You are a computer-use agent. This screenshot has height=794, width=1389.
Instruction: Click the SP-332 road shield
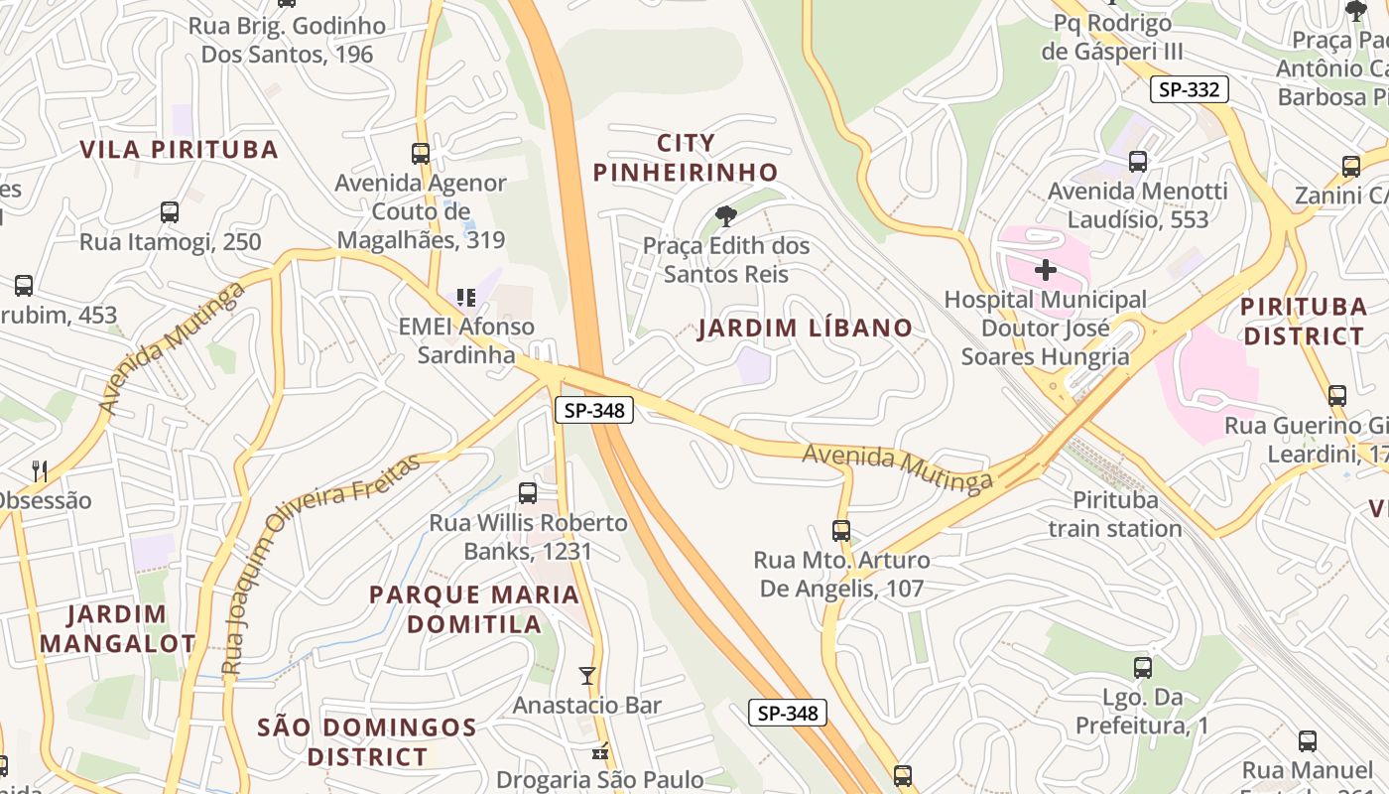point(1190,89)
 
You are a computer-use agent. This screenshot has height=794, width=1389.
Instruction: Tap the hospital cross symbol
point(1045,269)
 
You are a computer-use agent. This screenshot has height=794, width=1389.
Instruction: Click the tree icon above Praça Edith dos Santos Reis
point(726,216)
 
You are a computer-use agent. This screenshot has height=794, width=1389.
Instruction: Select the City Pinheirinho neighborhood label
point(686,157)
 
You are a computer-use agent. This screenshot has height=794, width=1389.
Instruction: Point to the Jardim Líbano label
point(805,329)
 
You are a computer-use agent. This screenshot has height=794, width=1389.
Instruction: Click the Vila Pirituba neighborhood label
point(179,150)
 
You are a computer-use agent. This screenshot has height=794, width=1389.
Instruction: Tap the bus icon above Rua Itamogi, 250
point(170,212)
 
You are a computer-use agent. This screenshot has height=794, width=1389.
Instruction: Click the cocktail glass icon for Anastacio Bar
point(587,676)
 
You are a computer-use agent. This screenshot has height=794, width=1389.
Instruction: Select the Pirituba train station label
point(1115,514)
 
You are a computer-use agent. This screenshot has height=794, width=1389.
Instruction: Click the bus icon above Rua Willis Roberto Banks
point(528,492)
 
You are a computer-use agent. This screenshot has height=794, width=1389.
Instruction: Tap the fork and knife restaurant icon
point(40,470)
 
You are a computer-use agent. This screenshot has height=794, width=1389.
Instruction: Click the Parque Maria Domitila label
point(474,608)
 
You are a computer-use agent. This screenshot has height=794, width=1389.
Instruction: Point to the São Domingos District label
point(367,741)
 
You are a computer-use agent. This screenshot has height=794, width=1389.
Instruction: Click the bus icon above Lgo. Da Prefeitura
point(1143,668)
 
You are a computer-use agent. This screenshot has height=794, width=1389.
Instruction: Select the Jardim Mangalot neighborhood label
point(117,628)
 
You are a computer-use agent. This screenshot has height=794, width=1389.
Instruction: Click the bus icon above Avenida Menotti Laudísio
point(1138,161)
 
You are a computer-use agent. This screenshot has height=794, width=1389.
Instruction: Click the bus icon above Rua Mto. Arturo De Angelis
point(841,531)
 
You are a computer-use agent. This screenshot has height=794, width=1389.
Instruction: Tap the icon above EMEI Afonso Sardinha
point(465,297)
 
